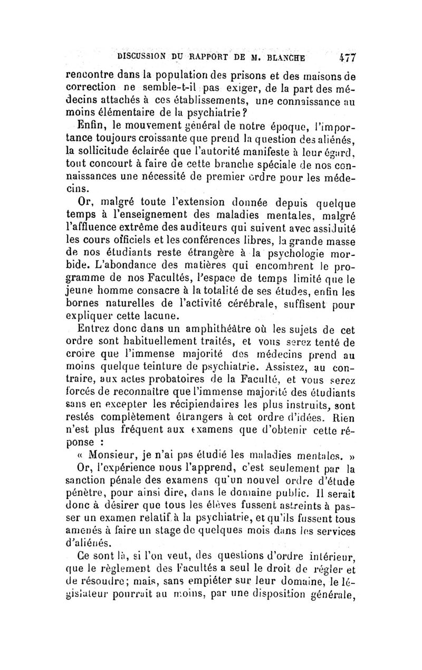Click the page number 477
[349, 56]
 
